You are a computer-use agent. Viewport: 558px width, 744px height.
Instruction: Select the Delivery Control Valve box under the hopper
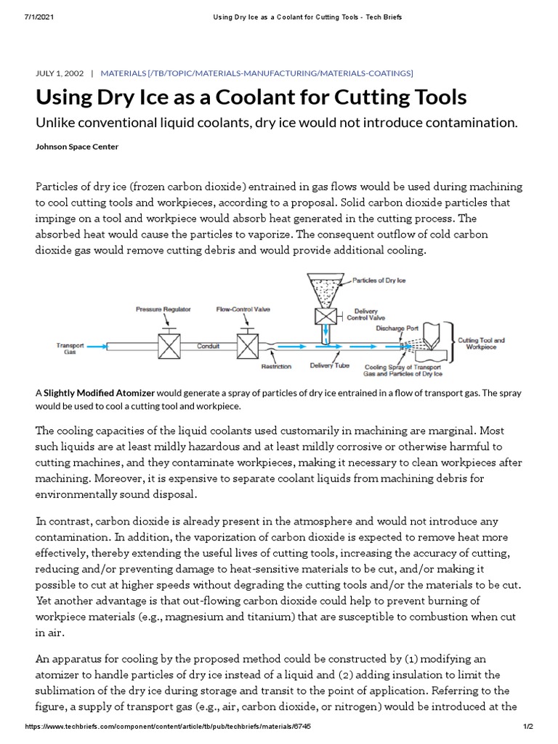[323, 316]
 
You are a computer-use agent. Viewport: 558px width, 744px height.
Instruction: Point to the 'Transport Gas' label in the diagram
[70, 348]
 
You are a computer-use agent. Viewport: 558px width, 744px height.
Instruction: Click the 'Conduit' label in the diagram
[209, 347]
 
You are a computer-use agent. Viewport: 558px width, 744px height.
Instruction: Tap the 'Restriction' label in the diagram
[276, 367]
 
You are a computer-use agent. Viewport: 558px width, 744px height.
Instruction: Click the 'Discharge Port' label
[397, 328]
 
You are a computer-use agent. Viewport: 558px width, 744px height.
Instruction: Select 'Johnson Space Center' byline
[76, 146]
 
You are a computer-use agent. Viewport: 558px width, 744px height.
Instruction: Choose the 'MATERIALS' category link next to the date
[123, 73]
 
